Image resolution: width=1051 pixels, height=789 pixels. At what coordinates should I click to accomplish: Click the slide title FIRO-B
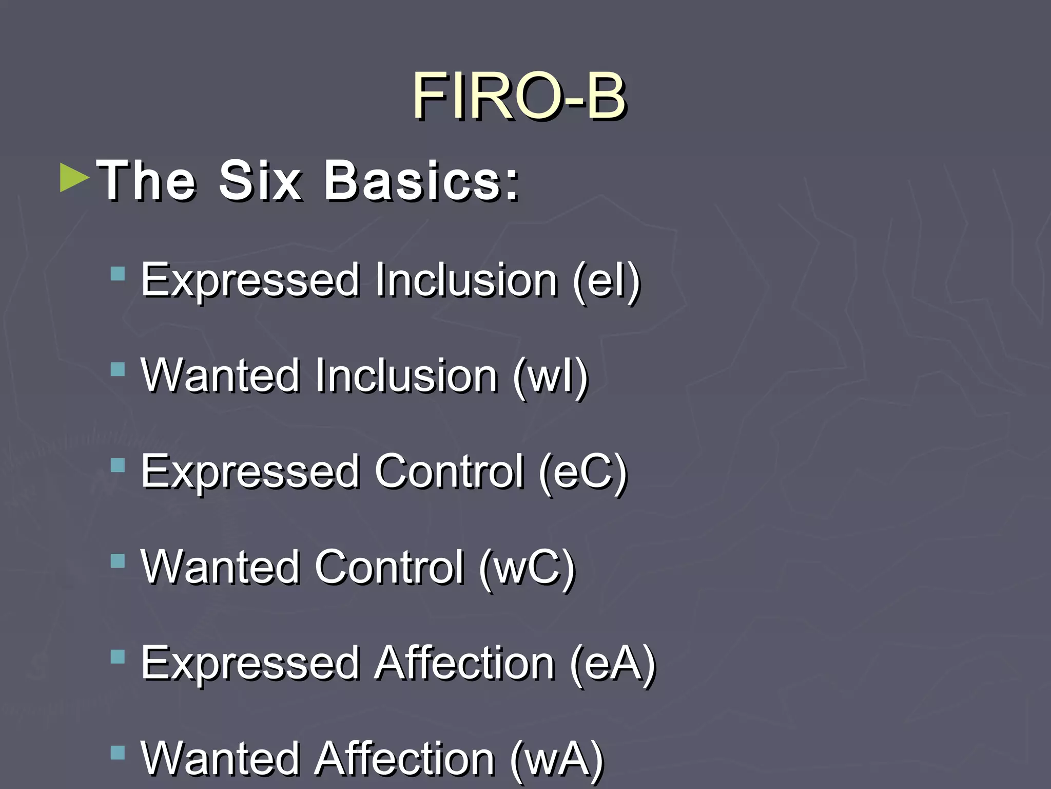point(518,96)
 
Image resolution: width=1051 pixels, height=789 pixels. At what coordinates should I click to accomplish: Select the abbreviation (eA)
point(613,663)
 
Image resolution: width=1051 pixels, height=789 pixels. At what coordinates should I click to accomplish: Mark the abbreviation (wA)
point(556,759)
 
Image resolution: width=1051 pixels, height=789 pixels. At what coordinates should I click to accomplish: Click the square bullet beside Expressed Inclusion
point(118,273)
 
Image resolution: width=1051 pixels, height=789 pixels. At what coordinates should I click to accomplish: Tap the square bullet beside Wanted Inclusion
point(118,369)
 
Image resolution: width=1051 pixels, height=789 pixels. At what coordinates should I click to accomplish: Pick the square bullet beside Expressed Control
point(118,465)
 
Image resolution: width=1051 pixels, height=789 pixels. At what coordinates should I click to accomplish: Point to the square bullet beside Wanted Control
point(118,561)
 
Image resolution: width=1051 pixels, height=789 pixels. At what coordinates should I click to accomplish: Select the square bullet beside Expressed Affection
point(118,657)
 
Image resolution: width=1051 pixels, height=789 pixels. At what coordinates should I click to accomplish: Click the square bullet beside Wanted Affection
point(118,753)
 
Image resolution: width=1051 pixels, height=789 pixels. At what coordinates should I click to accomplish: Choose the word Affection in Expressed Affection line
point(464,663)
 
